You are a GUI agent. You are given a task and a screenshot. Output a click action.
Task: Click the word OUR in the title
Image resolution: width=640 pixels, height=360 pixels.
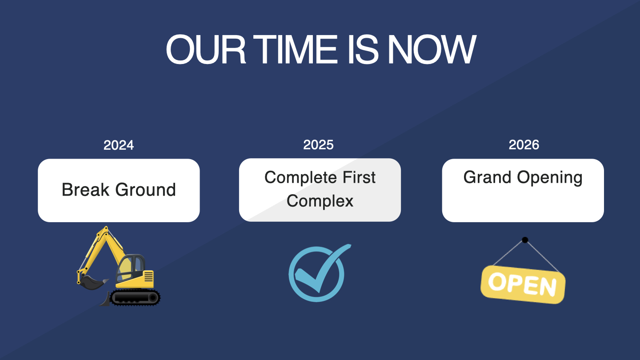tap(206, 49)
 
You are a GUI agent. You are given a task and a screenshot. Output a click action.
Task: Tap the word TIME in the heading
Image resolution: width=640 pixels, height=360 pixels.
tap(296, 49)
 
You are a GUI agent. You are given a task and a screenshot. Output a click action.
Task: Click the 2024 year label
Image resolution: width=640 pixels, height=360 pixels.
tap(119, 145)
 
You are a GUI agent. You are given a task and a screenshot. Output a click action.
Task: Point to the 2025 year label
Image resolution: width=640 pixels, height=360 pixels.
tap(318, 145)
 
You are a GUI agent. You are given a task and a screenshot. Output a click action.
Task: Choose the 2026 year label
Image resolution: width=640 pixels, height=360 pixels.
tap(524, 145)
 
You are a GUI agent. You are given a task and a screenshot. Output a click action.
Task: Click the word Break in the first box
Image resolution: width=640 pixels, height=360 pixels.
tap(85, 189)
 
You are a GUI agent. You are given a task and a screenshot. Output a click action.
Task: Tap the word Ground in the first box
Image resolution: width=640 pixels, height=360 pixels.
tap(145, 190)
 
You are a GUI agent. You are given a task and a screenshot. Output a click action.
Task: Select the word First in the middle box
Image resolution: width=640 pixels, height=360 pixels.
tap(359, 177)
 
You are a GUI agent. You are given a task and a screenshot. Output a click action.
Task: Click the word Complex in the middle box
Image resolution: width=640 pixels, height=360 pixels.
tap(320, 201)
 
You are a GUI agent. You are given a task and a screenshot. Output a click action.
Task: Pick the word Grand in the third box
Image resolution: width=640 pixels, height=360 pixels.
tap(487, 177)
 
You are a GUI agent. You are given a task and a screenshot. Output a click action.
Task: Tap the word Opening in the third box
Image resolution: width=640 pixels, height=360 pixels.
tap(550, 178)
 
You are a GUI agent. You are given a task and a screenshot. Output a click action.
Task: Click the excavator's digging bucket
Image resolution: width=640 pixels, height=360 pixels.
tap(92, 282)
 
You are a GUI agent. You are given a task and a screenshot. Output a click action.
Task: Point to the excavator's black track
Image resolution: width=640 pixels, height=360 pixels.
tap(135, 297)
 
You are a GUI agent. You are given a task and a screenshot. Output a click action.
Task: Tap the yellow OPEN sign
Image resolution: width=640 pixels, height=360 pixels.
tap(523, 284)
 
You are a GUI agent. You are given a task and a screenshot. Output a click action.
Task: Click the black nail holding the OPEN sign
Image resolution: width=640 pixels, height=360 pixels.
tap(525, 240)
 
